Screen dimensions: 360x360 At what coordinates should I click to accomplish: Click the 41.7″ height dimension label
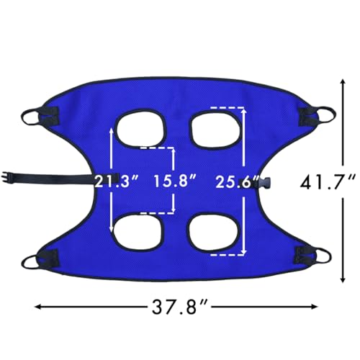pyautogui.click(x=328, y=181)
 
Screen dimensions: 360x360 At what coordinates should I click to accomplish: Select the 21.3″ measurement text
pyautogui.click(x=117, y=181)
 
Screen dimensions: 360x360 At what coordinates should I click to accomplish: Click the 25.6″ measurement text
pyautogui.click(x=237, y=181)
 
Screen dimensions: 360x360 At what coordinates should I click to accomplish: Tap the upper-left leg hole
pyautogui.click(x=141, y=127)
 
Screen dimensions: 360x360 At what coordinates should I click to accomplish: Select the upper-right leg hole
pyautogui.click(x=217, y=128)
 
